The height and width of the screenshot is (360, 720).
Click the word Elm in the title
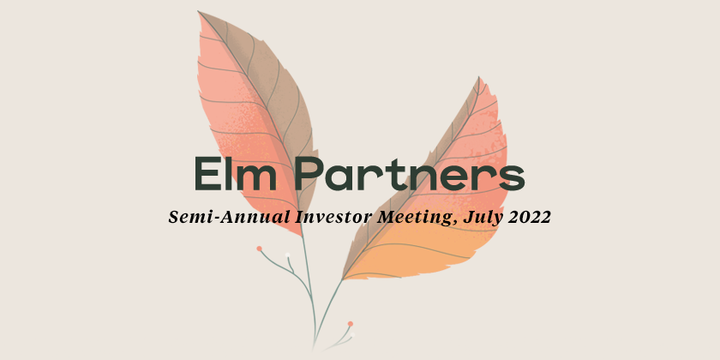coord(236,173)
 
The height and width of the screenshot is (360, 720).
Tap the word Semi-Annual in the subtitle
coord(229,216)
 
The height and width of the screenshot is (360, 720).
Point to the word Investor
coord(333,216)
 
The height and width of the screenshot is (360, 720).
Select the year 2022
coord(530,217)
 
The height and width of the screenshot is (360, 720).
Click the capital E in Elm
coord(207,173)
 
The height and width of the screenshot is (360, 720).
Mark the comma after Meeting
coord(455,223)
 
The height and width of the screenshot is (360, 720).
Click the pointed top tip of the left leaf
coord(198,11)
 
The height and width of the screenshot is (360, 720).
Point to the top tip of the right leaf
coord(479,77)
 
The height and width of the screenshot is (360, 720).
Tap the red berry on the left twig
coord(259,249)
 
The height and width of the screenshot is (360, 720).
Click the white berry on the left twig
coord(287,255)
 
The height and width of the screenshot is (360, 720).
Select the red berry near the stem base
coord(351,324)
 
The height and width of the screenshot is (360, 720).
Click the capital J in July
coord(468,217)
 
